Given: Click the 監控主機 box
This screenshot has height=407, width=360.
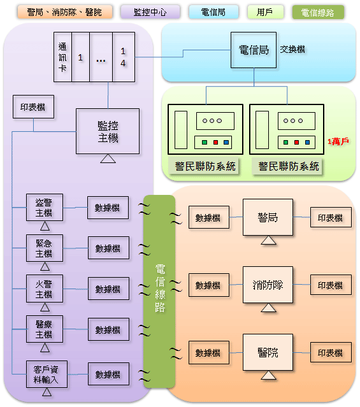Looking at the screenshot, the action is click(x=108, y=131).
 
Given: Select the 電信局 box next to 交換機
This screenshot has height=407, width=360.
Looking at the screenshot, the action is click(x=254, y=50).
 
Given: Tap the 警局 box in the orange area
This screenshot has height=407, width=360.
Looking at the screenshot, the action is click(x=268, y=217).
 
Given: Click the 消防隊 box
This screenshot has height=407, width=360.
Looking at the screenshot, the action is click(x=268, y=285).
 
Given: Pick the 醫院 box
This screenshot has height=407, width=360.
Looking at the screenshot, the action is click(x=268, y=352).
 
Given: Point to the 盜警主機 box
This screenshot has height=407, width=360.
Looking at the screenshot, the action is click(x=45, y=208).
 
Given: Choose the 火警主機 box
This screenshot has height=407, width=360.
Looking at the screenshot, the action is click(x=45, y=289).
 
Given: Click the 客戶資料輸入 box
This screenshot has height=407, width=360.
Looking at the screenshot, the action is click(x=47, y=375).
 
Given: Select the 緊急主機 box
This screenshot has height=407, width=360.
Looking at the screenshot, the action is click(x=45, y=248).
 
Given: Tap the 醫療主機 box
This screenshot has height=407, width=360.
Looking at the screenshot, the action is click(x=45, y=329).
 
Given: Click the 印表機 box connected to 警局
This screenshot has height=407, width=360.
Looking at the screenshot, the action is click(x=331, y=217).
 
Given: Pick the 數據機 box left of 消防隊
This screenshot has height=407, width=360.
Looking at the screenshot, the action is click(x=209, y=285).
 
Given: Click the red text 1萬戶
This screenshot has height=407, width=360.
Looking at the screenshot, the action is click(x=338, y=141).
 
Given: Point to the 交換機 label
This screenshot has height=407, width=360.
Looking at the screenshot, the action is click(x=292, y=49).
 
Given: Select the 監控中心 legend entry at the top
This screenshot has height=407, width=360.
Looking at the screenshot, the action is click(x=150, y=12).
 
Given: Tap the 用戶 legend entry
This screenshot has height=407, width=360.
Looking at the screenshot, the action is click(x=266, y=12).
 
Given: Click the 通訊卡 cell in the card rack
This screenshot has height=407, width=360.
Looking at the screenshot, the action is click(x=62, y=57).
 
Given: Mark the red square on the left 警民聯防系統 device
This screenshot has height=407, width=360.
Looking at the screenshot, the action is click(x=215, y=142).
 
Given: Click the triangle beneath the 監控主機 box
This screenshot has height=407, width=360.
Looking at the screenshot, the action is click(x=108, y=159).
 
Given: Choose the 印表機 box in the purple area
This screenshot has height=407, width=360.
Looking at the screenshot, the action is click(x=34, y=106).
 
